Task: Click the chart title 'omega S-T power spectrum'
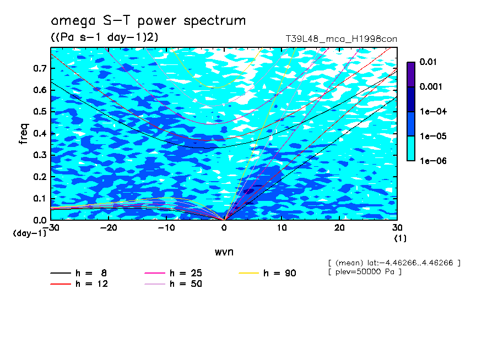pos(148,21)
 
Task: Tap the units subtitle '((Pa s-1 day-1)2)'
pos(104,37)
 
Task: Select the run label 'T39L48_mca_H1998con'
pos(342,39)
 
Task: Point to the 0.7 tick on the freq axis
pos(40,68)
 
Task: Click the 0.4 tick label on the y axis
pos(40,133)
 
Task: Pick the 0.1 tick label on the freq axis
pos(40,198)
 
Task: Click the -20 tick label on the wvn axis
pos(109,228)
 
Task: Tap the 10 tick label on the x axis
pos(282,228)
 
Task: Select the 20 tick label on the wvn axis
pos(339,228)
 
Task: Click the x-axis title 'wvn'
pos(224,252)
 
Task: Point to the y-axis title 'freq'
pos(24,134)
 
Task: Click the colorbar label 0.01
pos(428,62)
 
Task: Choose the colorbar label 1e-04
pos(433,111)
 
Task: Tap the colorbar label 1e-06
pos(433,161)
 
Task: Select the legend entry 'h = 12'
pos(79,284)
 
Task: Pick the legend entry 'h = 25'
pos(173,273)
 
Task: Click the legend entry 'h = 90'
pos(267,273)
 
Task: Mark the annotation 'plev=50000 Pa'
pos(365,272)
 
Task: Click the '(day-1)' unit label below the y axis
pos(29,233)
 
